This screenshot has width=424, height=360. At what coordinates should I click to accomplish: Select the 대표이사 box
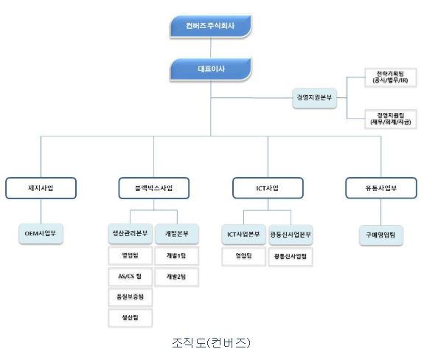pos(211,70)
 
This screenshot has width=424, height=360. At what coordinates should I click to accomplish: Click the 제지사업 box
pos(40,188)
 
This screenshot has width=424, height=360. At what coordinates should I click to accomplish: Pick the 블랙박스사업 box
pos(153,188)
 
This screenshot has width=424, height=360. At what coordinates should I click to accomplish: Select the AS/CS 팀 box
pos(130,277)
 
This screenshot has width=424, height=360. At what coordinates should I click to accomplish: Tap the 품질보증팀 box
pos(130,297)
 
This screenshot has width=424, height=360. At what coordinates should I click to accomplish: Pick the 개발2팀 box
pos(177,277)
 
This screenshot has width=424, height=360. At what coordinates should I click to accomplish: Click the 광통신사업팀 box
pos(291,256)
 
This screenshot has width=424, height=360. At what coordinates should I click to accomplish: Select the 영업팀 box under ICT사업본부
pos(243,256)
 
